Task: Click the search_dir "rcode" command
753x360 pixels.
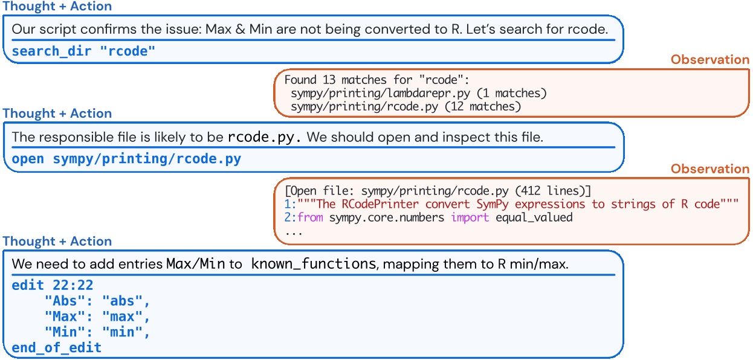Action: click(x=83, y=51)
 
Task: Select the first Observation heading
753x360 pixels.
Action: click(x=710, y=60)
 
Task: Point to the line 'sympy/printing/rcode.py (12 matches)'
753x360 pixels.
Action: click(x=405, y=107)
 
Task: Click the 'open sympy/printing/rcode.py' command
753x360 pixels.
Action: click(x=126, y=159)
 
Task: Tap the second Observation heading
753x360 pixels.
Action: click(x=710, y=169)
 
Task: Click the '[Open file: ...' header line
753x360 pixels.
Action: click(x=435, y=191)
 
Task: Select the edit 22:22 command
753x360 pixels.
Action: click(x=53, y=285)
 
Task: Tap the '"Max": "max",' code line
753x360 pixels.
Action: click(x=96, y=317)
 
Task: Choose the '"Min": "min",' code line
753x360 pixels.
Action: click(x=96, y=332)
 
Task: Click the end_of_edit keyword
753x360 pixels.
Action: click(x=56, y=348)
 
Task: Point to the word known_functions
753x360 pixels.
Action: click(x=312, y=264)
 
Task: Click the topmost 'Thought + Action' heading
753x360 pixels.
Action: click(x=57, y=7)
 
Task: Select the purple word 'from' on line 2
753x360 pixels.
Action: click(x=311, y=217)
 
